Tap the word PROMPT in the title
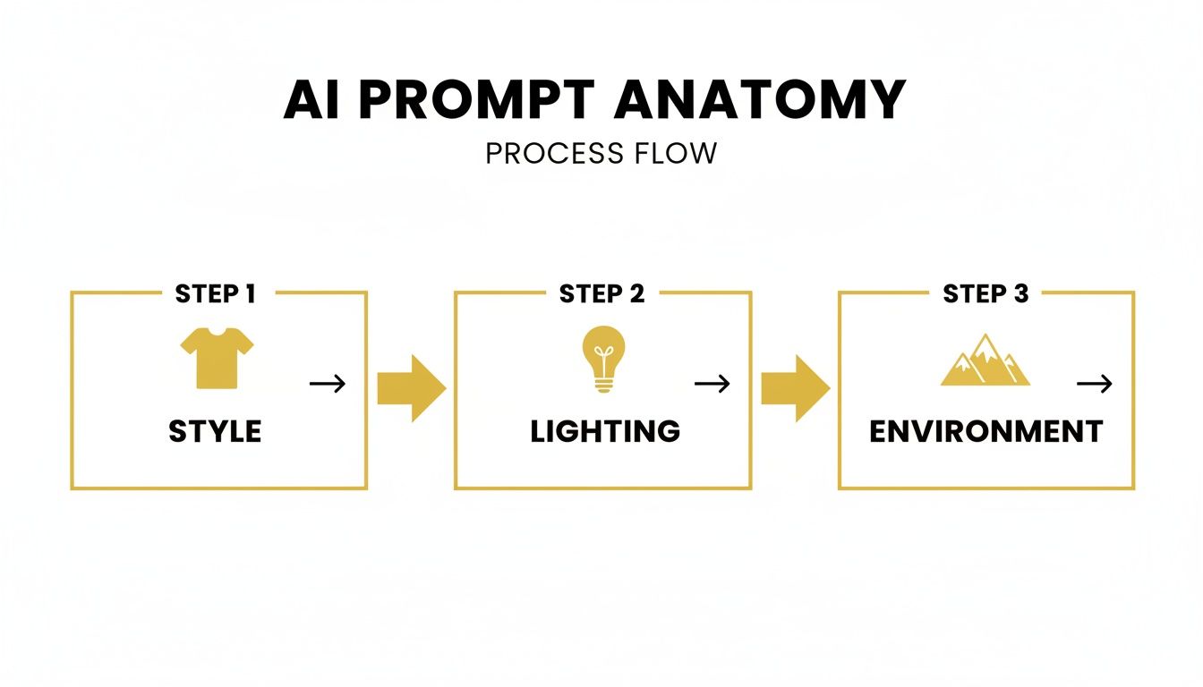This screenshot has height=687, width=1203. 480,101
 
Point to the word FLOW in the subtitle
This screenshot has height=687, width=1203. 677,153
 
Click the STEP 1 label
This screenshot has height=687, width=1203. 215,293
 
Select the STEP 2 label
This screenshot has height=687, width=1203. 601,293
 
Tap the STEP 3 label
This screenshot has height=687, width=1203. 985,293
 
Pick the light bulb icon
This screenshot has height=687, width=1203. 603,359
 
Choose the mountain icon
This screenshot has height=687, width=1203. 985,362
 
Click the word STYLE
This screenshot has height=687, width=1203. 215,431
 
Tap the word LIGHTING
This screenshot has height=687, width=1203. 605,431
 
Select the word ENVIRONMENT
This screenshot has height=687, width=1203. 985,431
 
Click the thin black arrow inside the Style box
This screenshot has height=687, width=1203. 328,384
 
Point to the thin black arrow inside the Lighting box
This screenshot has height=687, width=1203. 712,384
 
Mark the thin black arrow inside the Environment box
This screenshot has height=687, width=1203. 1094,384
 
